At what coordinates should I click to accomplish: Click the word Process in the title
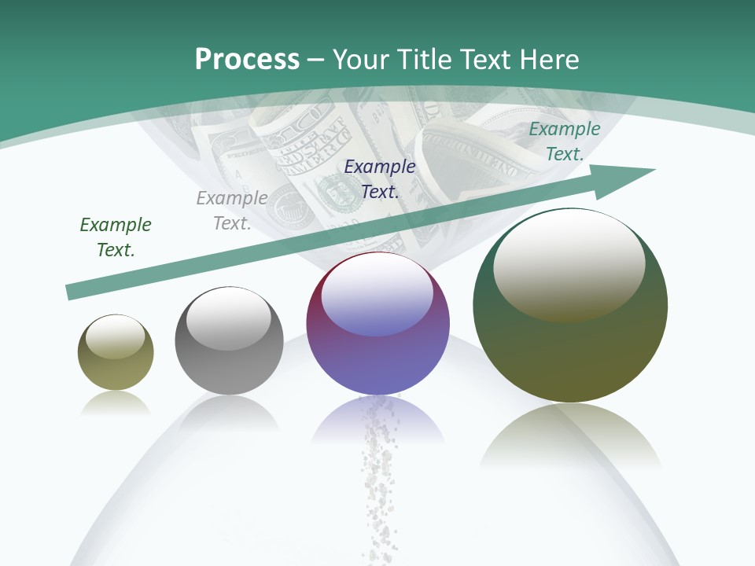click(x=247, y=60)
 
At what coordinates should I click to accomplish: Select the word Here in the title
click(x=547, y=60)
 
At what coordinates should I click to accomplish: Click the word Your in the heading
click(x=363, y=60)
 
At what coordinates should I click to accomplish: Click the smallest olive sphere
click(x=116, y=353)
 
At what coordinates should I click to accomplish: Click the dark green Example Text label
click(x=116, y=237)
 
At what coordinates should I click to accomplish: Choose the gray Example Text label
click(x=232, y=211)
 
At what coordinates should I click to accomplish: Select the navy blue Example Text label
click(x=380, y=179)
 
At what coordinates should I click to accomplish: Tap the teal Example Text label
click(x=565, y=141)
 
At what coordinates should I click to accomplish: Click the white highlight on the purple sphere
click(x=377, y=292)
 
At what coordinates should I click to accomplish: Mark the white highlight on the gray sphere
click(x=228, y=317)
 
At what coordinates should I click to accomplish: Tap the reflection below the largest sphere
click(x=570, y=436)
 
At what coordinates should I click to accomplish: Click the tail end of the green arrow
click(x=72, y=292)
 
